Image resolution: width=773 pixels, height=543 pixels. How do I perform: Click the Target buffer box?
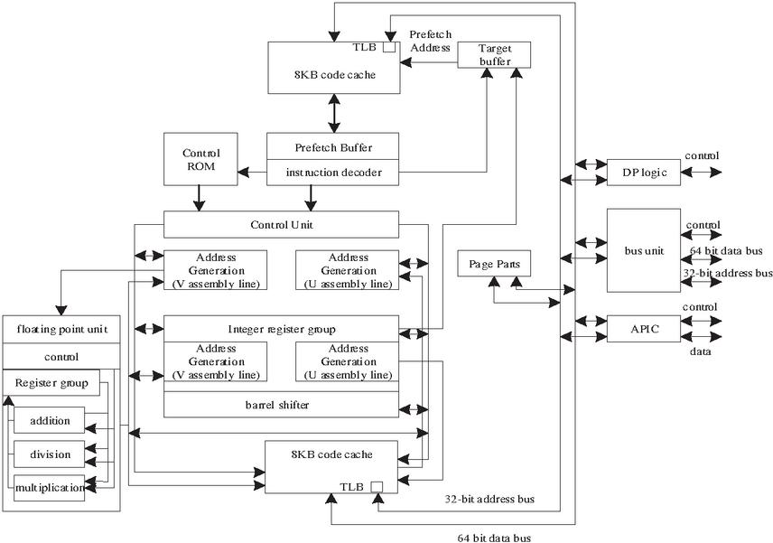494,54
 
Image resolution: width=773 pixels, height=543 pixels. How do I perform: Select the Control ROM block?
200,160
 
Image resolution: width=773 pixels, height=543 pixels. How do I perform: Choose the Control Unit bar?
281,224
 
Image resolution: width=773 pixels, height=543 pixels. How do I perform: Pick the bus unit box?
643,250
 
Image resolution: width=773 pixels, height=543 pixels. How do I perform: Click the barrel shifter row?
281,405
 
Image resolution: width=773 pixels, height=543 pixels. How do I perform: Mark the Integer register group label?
281,327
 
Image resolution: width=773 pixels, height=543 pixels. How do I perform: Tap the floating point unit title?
61,329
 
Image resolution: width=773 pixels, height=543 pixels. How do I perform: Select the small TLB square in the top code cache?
389,47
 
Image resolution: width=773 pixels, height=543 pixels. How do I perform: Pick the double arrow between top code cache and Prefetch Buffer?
335,113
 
